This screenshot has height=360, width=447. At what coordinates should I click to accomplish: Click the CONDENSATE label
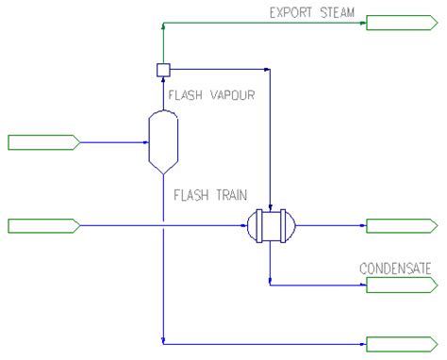pos(395,269)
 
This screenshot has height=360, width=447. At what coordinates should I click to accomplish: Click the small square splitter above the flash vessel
pos(162,68)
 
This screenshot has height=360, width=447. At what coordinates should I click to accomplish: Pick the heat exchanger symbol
pos(270,226)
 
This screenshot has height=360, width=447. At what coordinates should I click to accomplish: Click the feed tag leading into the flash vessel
pos(42,142)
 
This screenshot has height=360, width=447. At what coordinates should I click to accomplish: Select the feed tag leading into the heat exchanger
pos(42,225)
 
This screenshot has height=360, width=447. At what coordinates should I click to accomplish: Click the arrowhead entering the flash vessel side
pos(146,142)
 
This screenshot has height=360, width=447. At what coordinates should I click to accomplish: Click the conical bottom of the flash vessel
pos(162,166)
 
